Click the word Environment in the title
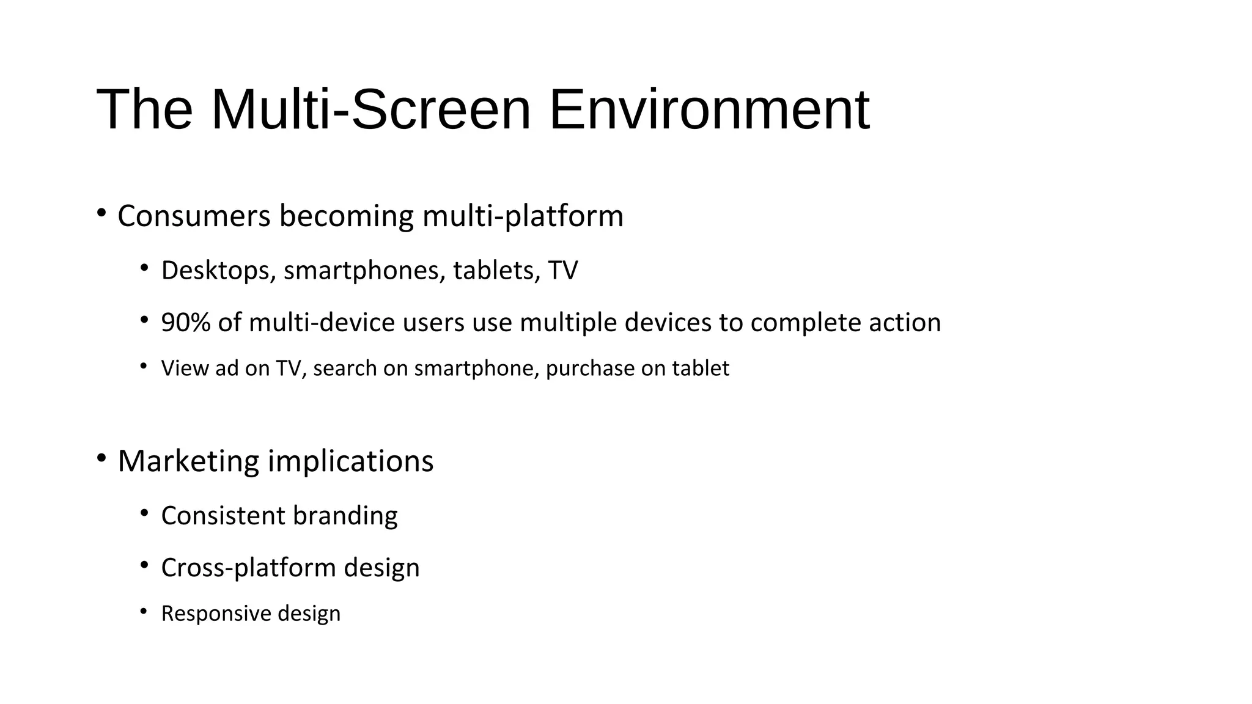point(709,110)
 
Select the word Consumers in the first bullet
point(194,216)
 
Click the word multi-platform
point(523,216)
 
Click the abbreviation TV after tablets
point(562,271)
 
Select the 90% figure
point(186,323)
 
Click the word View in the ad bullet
point(184,369)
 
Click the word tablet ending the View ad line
point(701,369)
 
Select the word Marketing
point(188,461)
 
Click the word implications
point(351,461)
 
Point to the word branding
point(345,516)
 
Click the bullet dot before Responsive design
point(144,611)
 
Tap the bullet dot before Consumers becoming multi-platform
point(101,213)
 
